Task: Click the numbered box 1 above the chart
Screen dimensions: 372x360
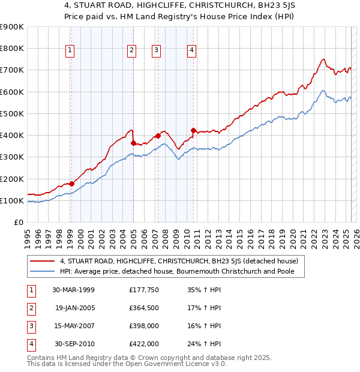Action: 71,51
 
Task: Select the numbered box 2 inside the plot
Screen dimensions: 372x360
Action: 131,51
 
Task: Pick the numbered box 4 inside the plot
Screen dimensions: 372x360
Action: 191,51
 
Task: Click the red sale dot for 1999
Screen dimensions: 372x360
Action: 71,184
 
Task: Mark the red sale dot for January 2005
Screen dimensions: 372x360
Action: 133,143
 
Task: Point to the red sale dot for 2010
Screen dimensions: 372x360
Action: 193,130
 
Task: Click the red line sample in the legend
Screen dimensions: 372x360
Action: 43,261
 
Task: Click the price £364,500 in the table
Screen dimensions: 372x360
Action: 144,308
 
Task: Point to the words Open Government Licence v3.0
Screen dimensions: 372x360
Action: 175,364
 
